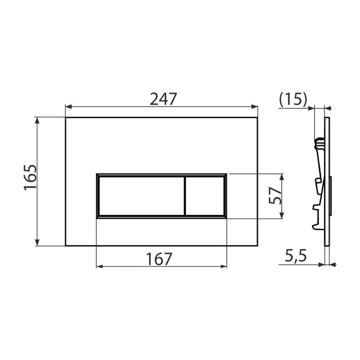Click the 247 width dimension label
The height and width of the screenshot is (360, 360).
pyautogui.click(x=163, y=99)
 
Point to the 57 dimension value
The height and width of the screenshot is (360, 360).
pyautogui.click(x=275, y=196)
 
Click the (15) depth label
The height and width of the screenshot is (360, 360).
pyautogui.click(x=293, y=99)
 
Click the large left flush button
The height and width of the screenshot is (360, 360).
pyautogui.click(x=141, y=196)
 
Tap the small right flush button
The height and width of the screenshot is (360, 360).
pyautogui.click(x=205, y=196)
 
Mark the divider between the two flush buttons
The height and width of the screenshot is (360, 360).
pyautogui.click(x=184, y=196)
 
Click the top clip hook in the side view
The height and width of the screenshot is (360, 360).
pyautogui.click(x=319, y=142)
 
